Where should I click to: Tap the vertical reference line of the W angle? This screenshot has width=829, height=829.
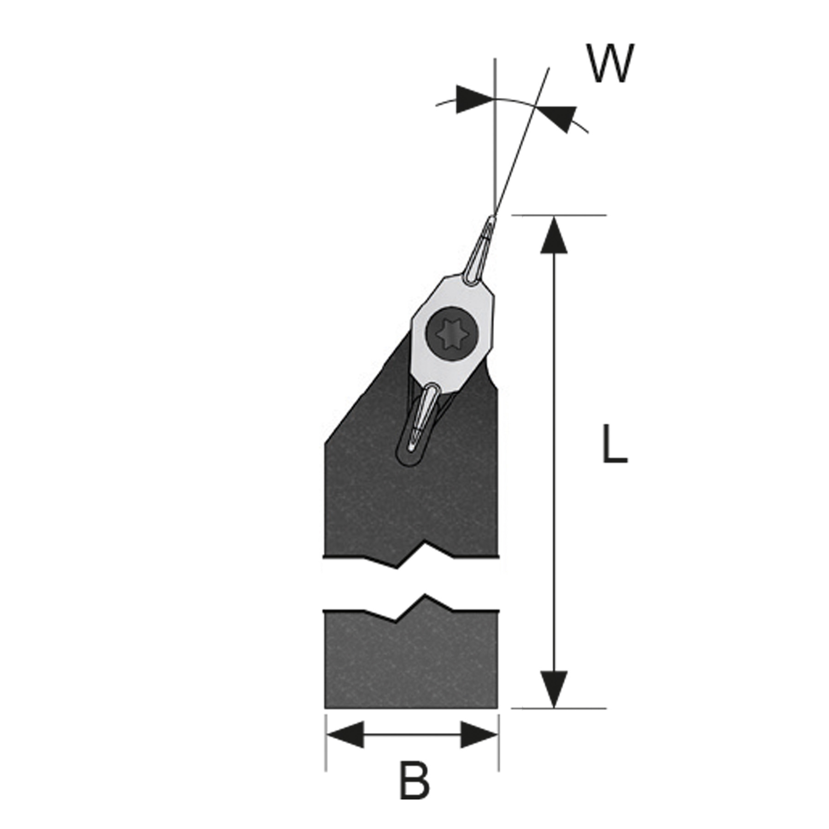click(x=495, y=152)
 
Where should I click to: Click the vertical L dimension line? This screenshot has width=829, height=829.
click(x=554, y=461)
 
